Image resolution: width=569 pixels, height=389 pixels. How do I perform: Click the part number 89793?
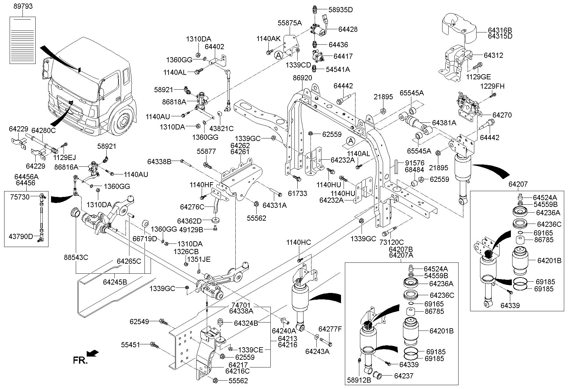pos(23,6)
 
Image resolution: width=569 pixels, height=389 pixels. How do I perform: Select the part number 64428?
pos(348,29)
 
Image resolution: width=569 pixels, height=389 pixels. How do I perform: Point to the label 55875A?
pos(290,23)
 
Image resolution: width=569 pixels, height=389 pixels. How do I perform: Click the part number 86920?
pos(302,78)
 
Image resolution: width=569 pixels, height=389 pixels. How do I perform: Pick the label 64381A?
pos(444,122)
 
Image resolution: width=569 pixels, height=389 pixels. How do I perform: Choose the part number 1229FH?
pos(492,86)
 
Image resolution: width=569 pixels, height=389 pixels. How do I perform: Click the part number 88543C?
pos(76,257)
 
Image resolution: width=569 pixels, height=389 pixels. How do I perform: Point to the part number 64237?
pos(404,376)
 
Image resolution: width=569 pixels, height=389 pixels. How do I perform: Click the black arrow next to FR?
pos(93,353)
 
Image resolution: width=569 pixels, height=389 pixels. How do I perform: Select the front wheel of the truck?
pos(122,122)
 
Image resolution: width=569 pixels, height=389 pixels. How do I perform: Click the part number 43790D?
pos(21,236)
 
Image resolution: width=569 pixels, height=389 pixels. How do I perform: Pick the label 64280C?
pos(44,130)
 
